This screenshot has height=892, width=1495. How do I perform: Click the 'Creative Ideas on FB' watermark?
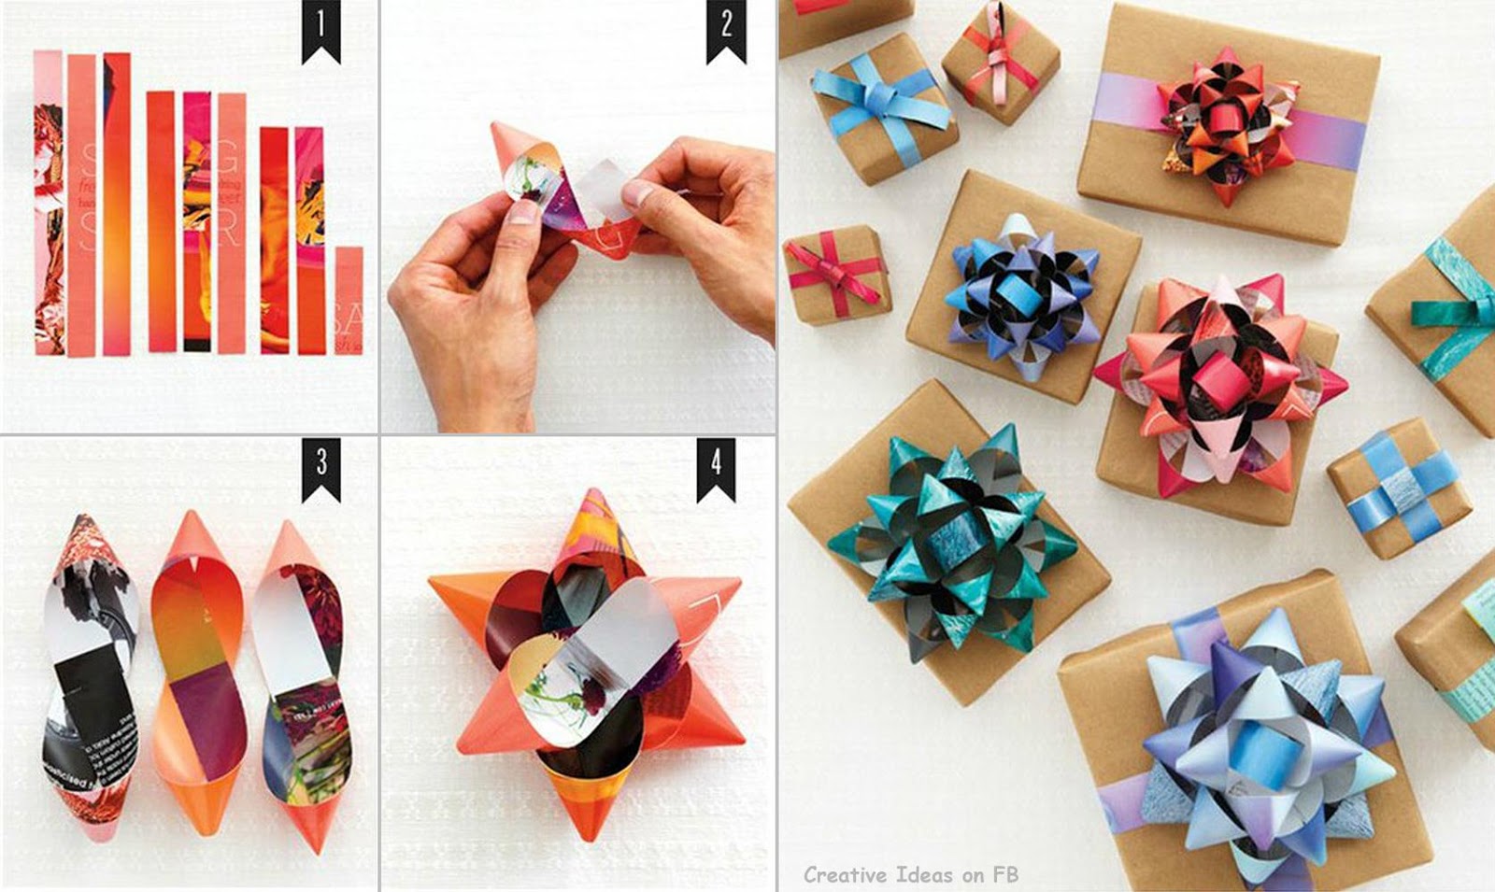[x=910, y=875]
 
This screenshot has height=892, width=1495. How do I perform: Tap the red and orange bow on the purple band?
[x=1224, y=126]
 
